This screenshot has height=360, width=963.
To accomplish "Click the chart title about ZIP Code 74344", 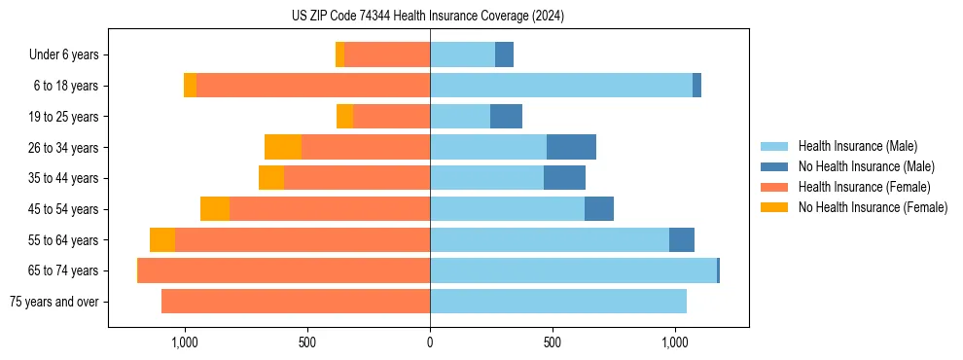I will click(428, 16).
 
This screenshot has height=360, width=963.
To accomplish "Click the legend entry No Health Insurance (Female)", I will click(873, 207).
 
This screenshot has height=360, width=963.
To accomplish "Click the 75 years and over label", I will click(54, 302).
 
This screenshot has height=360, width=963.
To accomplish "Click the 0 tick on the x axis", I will click(430, 342).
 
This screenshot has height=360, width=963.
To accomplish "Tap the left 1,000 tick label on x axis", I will click(185, 342).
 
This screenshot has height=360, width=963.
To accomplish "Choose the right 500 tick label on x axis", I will click(552, 342).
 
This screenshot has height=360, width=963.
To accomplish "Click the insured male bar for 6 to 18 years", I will click(561, 86).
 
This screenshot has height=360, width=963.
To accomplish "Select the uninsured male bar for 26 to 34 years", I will click(571, 147).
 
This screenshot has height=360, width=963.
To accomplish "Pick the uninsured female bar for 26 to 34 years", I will click(283, 147).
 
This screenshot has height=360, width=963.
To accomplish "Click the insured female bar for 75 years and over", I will click(296, 302).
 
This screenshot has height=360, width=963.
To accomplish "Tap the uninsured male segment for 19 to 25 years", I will click(506, 117).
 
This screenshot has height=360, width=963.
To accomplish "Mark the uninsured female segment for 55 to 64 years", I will click(162, 239).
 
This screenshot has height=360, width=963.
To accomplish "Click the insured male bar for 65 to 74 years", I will click(573, 270).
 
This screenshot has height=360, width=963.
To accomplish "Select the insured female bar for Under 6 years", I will click(387, 55).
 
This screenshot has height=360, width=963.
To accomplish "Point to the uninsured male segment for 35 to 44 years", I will click(564, 178).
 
